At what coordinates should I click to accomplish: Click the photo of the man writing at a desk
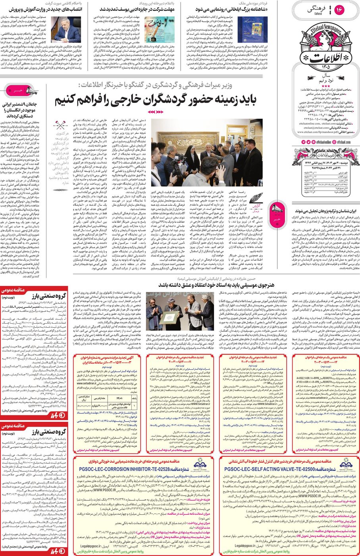click(66, 29)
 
